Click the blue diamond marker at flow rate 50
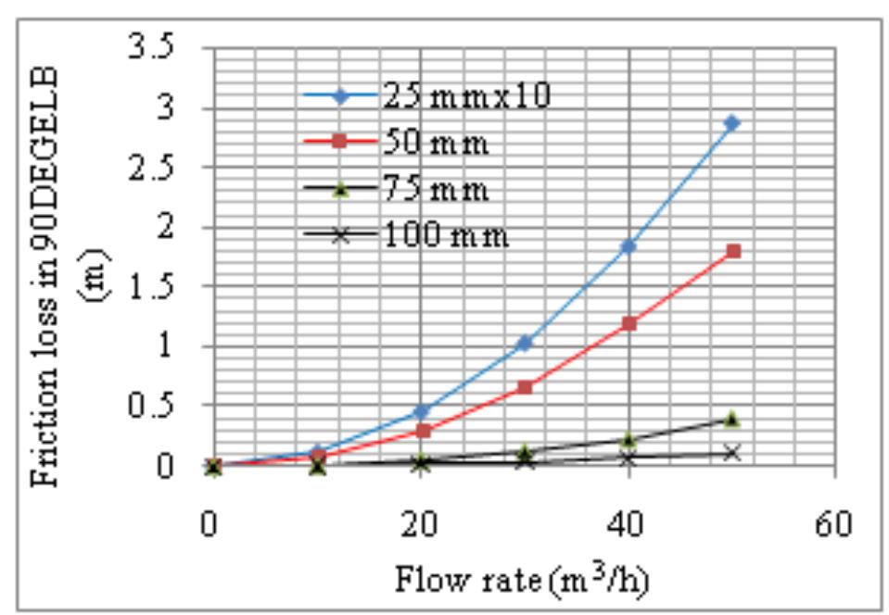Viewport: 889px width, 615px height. click(x=732, y=122)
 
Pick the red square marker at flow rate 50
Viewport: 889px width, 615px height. click(x=733, y=251)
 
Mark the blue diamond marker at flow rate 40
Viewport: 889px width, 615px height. click(x=629, y=245)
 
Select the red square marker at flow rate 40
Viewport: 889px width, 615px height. click(x=629, y=323)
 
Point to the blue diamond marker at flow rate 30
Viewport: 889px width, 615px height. click(x=525, y=343)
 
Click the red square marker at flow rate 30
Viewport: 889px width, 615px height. click(x=525, y=387)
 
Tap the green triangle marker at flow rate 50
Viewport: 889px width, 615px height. click(x=732, y=420)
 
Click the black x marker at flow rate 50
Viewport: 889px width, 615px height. click(x=732, y=453)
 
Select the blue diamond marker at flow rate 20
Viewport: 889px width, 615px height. click(x=421, y=410)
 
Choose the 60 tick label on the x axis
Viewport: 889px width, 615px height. click(x=836, y=524)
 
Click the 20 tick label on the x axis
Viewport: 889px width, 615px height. click(x=420, y=524)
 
